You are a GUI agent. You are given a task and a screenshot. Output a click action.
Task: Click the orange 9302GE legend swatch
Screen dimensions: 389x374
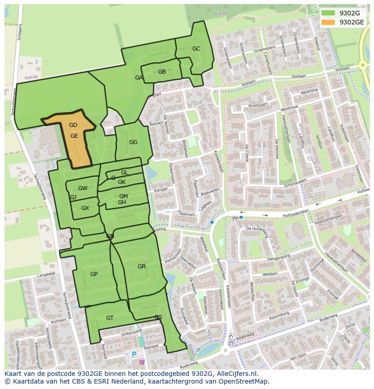(328, 22)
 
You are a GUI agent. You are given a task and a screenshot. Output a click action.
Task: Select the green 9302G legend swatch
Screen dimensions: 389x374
(328, 13)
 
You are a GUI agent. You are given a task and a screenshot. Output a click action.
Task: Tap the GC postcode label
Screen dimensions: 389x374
(196, 49)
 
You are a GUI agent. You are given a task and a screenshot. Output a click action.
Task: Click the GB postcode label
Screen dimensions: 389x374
(162, 72)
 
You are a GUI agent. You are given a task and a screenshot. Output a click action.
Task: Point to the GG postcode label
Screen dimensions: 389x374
(133, 142)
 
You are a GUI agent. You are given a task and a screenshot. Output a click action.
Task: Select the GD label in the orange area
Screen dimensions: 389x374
(73, 125)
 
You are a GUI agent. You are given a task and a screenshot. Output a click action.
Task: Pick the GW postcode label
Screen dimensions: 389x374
(83, 188)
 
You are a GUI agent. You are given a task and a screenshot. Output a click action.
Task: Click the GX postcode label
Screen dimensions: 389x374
(85, 208)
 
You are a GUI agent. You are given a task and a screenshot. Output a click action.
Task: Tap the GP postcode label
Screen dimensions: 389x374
(94, 274)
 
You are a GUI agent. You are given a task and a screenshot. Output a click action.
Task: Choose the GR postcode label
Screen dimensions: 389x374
(142, 267)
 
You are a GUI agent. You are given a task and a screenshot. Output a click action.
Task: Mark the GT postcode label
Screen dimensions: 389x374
(110, 318)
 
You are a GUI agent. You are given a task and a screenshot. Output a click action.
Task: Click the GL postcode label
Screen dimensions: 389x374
(125, 173)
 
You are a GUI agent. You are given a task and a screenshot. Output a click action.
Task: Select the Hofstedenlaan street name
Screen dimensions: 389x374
(289, 210)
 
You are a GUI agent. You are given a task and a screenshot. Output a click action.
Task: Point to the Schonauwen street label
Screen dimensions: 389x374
(295, 183)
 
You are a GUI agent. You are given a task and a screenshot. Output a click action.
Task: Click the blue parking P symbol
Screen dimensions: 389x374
(134, 355)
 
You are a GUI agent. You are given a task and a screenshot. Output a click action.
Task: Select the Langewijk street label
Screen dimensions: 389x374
(46, 274)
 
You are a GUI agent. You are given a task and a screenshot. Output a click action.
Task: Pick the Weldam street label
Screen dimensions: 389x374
(270, 274)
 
